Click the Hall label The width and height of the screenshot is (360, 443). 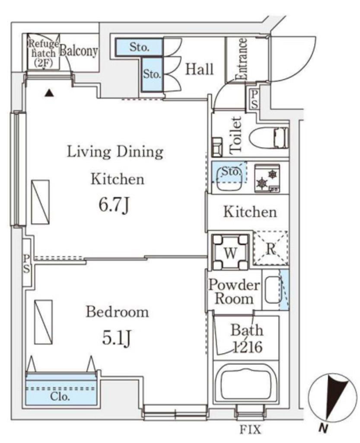click(199, 69)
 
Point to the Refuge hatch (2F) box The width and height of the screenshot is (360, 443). click(44, 52)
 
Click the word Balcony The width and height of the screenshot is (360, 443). click(79, 51)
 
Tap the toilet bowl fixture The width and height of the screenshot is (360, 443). click(269, 138)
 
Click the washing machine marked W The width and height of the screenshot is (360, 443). click(230, 251)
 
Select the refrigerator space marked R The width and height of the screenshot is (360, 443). click(271, 248)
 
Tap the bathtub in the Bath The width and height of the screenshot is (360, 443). click(245, 383)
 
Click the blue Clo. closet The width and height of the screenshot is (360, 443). click(61, 390)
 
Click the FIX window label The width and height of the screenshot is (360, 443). click(250, 430)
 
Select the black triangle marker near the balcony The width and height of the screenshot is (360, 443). click(49, 93)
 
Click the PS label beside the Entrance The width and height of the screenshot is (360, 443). click(254, 99)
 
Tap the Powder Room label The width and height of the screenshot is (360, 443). click(234, 292)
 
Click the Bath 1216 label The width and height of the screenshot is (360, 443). click(247, 338)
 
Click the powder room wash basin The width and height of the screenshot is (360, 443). click(273, 289)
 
